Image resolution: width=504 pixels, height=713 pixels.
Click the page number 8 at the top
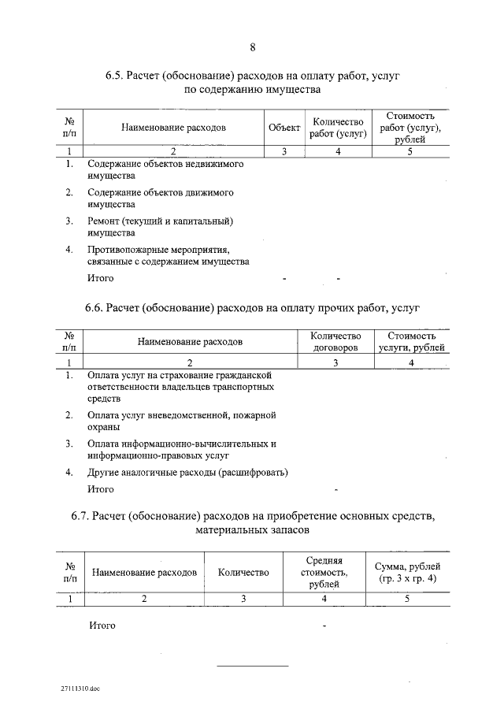click(x=252, y=47)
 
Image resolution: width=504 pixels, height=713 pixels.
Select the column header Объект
click(x=283, y=128)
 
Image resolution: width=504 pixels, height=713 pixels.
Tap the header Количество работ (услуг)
click(x=337, y=128)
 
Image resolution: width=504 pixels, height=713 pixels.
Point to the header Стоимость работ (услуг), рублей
click(x=409, y=128)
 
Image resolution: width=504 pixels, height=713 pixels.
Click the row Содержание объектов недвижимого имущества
click(x=165, y=170)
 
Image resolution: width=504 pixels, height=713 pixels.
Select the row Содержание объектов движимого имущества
click(x=160, y=199)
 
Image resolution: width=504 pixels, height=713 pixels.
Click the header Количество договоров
click(x=335, y=341)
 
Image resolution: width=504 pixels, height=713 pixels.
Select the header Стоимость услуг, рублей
click(x=411, y=341)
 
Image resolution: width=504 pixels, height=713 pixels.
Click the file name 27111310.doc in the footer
click(x=80, y=688)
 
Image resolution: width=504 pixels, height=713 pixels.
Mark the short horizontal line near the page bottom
click(x=252, y=667)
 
